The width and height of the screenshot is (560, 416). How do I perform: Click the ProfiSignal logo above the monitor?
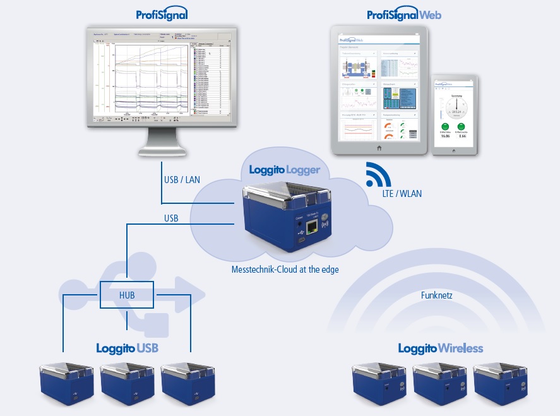pyautogui.click(x=162, y=14)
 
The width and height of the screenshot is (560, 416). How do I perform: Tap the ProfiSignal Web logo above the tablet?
pyautogui.click(x=405, y=14)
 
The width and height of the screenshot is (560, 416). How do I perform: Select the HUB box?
pyautogui.click(x=127, y=295)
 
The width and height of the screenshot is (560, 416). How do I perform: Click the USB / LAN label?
pyautogui.click(x=182, y=180)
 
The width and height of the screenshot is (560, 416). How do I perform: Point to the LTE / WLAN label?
pyautogui.click(x=402, y=194)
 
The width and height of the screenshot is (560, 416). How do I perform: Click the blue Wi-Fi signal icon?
pyautogui.click(x=379, y=174)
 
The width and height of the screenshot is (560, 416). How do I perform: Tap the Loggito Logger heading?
pyautogui.click(x=284, y=169)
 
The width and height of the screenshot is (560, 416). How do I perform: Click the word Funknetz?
pyautogui.click(x=437, y=295)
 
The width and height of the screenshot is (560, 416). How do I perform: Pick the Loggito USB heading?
pyautogui.click(x=127, y=348)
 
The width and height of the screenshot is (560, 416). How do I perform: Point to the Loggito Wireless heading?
pyautogui.click(x=440, y=348)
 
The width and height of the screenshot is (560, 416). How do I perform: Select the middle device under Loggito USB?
pyautogui.click(x=128, y=386)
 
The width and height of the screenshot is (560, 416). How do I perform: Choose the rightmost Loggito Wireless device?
pyautogui.click(x=501, y=386)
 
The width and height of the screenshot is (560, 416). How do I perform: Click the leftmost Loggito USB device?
pyautogui.click(x=66, y=386)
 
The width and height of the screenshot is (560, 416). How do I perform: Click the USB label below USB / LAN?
pyautogui.click(x=171, y=218)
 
